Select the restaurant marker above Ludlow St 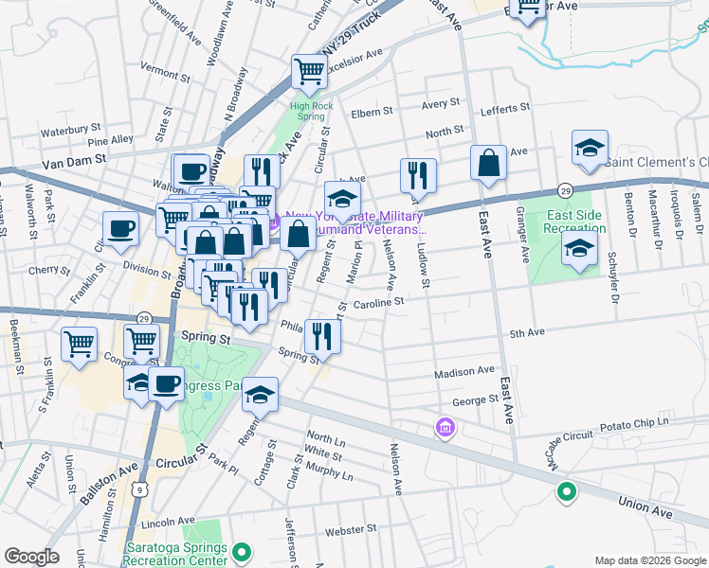tap(418, 175)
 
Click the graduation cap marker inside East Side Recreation tap(578, 250)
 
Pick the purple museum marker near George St tap(445, 429)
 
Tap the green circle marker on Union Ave tap(566, 491)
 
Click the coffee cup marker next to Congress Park tap(167, 384)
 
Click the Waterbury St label tap(70, 127)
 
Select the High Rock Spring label tap(312, 106)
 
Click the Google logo tap(31, 557)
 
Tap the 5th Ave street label tap(527, 333)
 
